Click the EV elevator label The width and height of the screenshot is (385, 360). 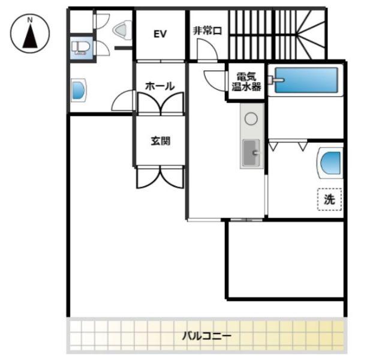[160, 34]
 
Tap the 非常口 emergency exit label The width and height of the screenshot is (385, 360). [207, 31]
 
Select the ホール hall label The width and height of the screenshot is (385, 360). [160, 86]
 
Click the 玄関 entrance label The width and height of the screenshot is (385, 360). [160, 141]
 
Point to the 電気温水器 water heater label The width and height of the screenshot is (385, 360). [246, 82]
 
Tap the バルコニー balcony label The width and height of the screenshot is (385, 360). [206, 335]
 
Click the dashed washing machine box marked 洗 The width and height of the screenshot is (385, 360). [329, 199]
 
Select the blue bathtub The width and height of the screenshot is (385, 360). [306, 80]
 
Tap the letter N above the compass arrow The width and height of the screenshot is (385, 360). [30, 20]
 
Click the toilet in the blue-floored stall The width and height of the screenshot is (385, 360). [80, 47]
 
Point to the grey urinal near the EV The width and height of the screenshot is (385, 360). [122, 30]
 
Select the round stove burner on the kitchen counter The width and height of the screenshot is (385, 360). [251, 119]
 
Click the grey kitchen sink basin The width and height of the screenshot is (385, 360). [251, 152]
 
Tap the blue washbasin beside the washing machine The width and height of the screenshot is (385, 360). [330, 163]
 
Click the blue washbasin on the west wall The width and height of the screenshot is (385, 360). [79, 90]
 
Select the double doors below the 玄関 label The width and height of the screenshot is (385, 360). [160, 177]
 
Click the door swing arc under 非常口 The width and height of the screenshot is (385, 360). [207, 50]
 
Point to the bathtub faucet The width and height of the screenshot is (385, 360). [276, 80]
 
